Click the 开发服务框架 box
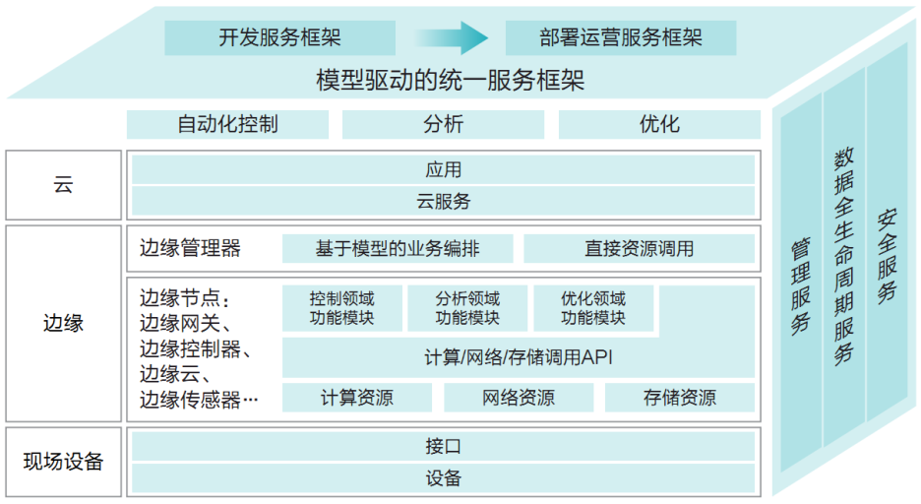click(x=279, y=38)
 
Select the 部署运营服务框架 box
click(x=621, y=38)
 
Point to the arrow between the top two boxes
click(x=452, y=38)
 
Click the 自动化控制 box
click(x=227, y=124)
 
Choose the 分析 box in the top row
click(x=443, y=124)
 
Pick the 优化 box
click(x=659, y=124)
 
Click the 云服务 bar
click(x=443, y=201)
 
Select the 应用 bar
click(x=443, y=170)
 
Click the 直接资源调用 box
click(x=639, y=248)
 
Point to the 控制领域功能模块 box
click(x=341, y=308)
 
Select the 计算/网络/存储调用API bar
click(x=519, y=358)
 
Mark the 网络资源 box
click(x=519, y=398)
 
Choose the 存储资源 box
click(x=680, y=398)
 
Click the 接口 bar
click(x=443, y=447)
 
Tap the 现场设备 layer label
click(x=64, y=462)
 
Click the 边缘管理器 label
click(x=190, y=248)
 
